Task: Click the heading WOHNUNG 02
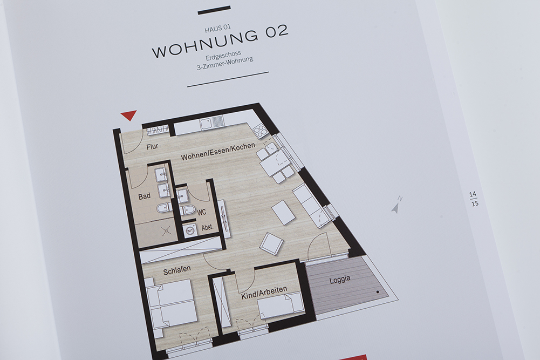pyautogui.click(x=220, y=41)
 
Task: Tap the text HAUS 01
pyautogui.click(x=217, y=29)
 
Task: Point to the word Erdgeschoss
pyautogui.click(x=223, y=56)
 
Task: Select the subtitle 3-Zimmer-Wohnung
pyautogui.click(x=225, y=63)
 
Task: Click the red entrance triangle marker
pyautogui.click(x=129, y=116)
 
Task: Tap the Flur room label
pyautogui.click(x=152, y=147)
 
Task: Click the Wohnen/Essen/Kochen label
pyautogui.click(x=218, y=152)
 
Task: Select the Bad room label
pyautogui.click(x=144, y=196)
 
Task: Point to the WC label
pyautogui.click(x=201, y=212)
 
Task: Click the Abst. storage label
pyautogui.click(x=207, y=227)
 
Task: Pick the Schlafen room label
pyautogui.click(x=176, y=270)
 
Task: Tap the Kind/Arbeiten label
pyautogui.click(x=264, y=293)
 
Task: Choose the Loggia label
pyautogui.click(x=340, y=280)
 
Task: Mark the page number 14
pyautogui.click(x=473, y=195)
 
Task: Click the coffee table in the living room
pyautogui.click(x=283, y=212)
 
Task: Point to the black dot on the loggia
pyautogui.click(x=378, y=292)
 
